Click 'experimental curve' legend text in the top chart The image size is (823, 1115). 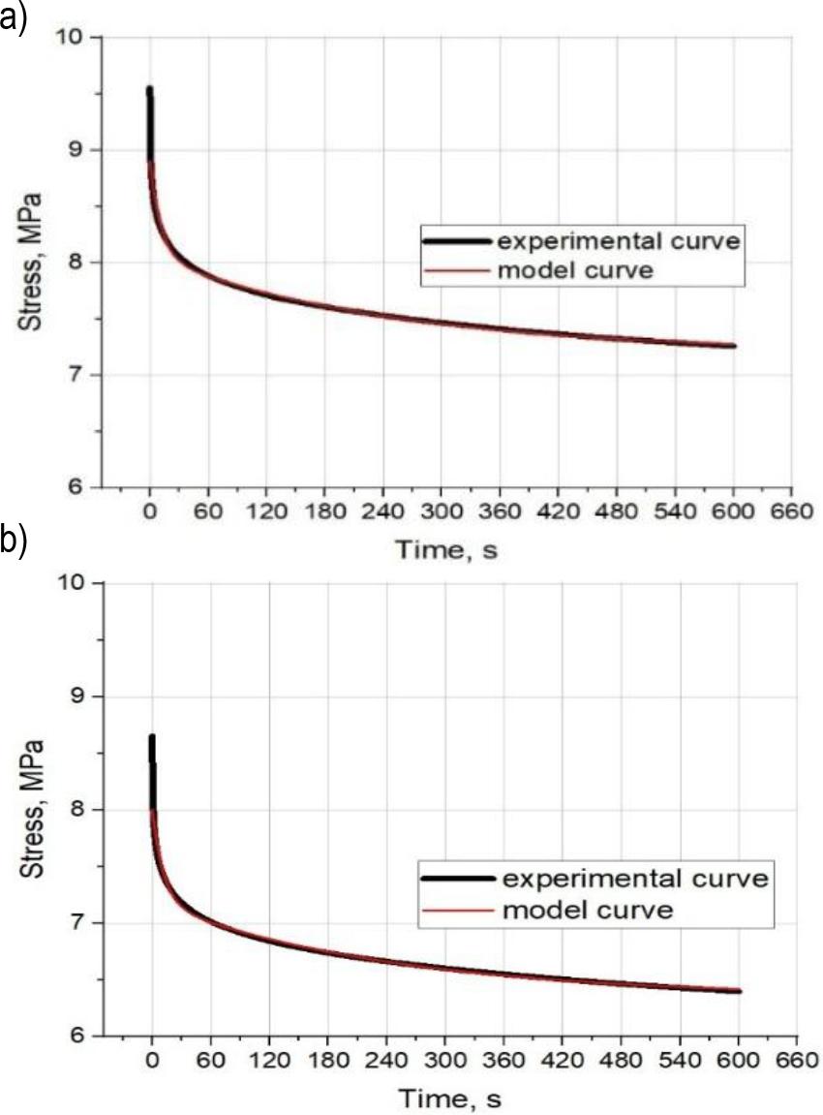point(619,240)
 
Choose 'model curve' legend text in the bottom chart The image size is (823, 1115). point(588,911)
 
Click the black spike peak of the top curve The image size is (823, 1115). point(149,89)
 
